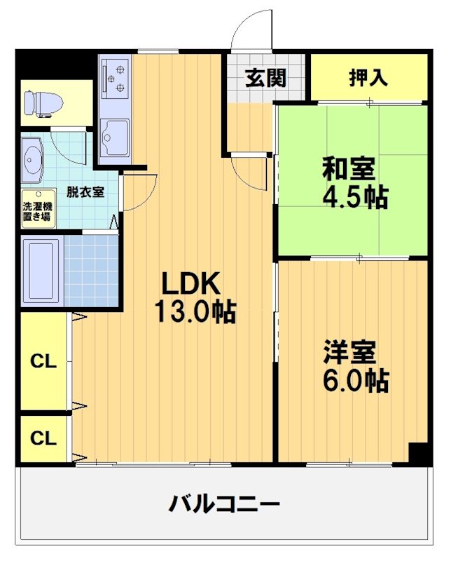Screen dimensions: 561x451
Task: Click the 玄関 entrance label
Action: pyautogui.click(x=265, y=78)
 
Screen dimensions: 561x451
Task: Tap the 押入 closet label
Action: pyautogui.click(x=368, y=77)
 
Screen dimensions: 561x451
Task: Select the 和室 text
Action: pyautogui.click(x=349, y=170)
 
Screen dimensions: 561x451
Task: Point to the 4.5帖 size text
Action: pyautogui.click(x=354, y=198)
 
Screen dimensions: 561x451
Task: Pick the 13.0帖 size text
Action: pyautogui.click(x=195, y=311)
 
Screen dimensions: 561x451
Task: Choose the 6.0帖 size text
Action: pyautogui.click(x=355, y=380)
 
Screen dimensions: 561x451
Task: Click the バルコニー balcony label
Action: pyautogui.click(x=225, y=503)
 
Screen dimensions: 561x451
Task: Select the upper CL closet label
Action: pyautogui.click(x=43, y=362)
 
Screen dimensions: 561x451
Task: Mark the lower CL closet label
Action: pyautogui.click(x=43, y=438)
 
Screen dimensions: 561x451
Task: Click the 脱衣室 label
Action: pyautogui.click(x=85, y=191)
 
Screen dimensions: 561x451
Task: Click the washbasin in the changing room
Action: pyautogui.click(x=32, y=159)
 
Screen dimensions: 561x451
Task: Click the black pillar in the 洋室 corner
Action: pyautogui.click(x=419, y=452)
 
